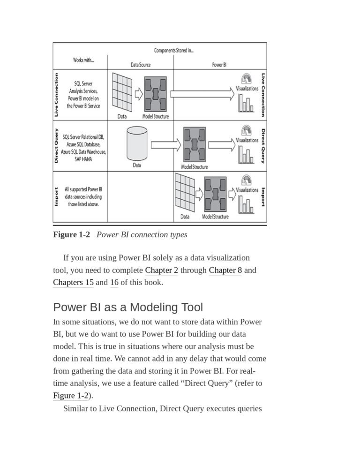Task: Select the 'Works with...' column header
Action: (83, 60)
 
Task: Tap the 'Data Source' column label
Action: (141, 65)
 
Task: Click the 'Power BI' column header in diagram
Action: (219, 65)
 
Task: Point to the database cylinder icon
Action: (137, 143)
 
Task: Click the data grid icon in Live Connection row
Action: (122, 92)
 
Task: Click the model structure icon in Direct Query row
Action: (194, 145)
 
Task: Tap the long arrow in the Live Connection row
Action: (202, 94)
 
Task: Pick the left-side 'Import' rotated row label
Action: (56, 197)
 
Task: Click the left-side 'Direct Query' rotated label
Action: (56, 145)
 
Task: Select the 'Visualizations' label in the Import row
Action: (247, 190)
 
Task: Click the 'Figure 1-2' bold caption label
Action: (71, 234)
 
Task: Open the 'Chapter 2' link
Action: (162, 270)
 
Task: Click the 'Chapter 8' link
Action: (225, 270)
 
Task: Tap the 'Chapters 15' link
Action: (73, 282)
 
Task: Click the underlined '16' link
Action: (114, 282)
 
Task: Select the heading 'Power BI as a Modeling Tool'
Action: (128, 308)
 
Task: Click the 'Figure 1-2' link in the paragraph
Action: (70, 395)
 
